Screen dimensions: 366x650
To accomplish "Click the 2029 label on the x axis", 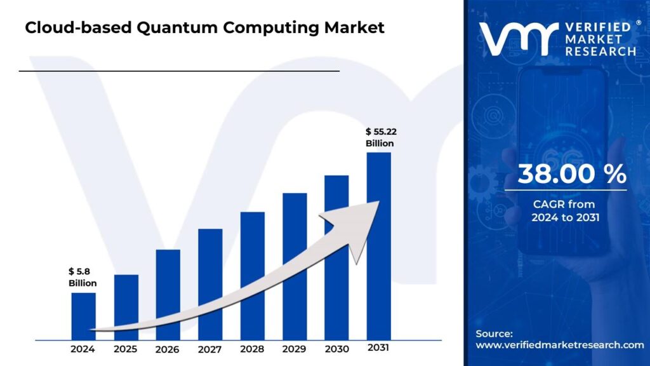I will click(x=295, y=349).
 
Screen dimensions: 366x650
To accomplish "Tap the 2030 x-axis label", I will click(x=336, y=349).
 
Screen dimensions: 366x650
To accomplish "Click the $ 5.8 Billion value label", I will click(x=83, y=278).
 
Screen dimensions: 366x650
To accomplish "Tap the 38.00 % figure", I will click(x=572, y=174).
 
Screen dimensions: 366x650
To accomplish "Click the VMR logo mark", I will click(x=518, y=38).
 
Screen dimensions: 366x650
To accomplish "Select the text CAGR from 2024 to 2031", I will click(x=565, y=211).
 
